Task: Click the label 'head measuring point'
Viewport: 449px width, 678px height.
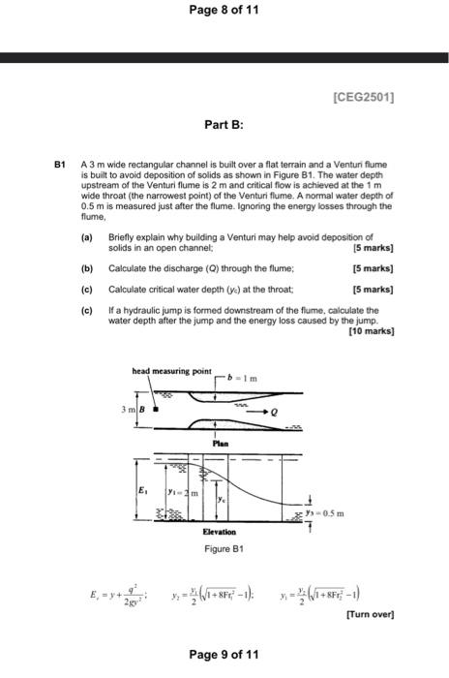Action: (x=171, y=372)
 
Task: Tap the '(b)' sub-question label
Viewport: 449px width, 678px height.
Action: (x=87, y=266)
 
